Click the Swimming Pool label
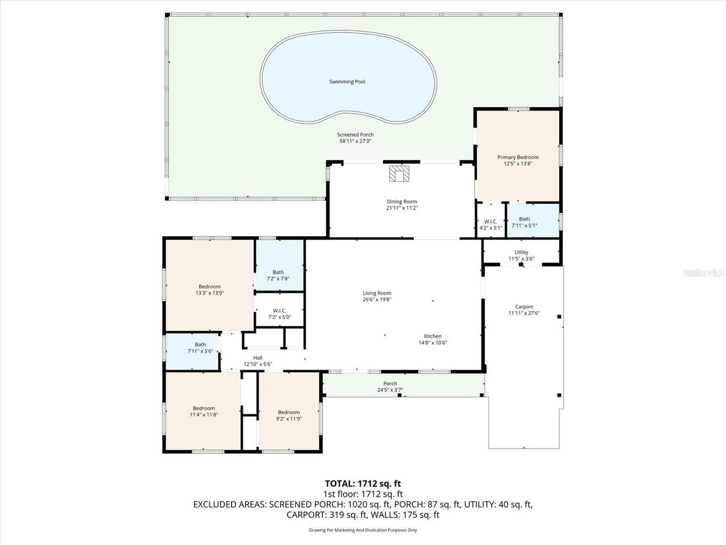347,82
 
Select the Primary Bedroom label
518,157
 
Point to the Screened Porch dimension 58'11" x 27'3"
355,141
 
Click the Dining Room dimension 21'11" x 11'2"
402,208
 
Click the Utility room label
521,253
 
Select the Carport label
524,307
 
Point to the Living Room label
377,293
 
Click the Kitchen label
433,336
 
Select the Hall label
258,358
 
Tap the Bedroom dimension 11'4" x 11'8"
204,415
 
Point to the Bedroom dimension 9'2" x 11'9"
289,419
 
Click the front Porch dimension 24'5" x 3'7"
390,390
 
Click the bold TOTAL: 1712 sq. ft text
363,484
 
